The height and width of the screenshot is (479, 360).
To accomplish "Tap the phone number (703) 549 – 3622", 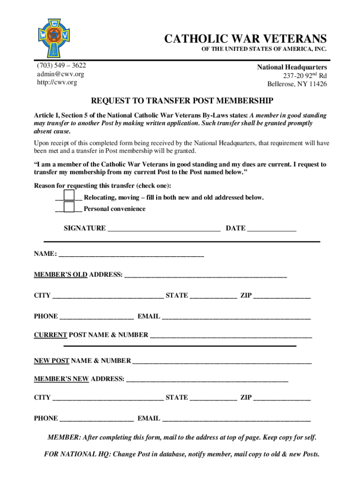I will click(x=61, y=65).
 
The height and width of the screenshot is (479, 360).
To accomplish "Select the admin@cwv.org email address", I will click(x=61, y=74).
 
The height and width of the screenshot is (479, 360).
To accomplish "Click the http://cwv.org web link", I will click(x=57, y=82).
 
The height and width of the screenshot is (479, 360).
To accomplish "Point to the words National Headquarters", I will click(x=292, y=67).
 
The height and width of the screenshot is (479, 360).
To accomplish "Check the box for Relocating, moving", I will click(x=69, y=196).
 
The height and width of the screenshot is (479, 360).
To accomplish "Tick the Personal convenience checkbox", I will click(x=69, y=207).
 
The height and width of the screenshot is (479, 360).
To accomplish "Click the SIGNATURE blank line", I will click(x=164, y=229).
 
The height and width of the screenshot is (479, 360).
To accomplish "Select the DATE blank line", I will click(x=272, y=229).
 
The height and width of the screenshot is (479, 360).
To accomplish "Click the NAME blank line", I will click(x=131, y=255).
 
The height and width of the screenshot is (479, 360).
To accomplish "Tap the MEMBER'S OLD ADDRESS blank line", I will click(x=205, y=276).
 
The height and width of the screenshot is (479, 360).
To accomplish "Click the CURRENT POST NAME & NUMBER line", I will click(x=231, y=336).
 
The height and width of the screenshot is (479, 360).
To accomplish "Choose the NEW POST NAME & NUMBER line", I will click(x=222, y=362).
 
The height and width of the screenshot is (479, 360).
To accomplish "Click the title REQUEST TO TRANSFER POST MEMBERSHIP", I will click(x=182, y=101).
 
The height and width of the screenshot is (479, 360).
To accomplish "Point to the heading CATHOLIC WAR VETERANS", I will click(x=245, y=38).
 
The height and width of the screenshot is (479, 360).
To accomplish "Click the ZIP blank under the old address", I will click(x=282, y=297).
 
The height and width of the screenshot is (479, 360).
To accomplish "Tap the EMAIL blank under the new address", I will click(x=236, y=420).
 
